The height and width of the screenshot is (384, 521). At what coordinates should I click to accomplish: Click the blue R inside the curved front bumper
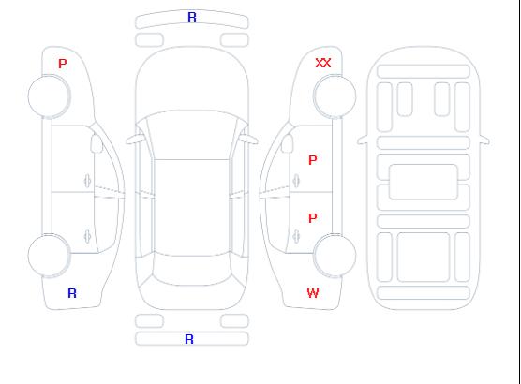[192, 17]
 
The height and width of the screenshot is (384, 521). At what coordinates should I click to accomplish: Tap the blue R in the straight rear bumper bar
[189, 339]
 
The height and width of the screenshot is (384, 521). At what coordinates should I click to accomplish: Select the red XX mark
[323, 63]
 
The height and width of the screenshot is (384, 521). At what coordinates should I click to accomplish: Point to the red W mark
[313, 293]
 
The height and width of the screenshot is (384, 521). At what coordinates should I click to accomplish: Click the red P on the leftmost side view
[63, 64]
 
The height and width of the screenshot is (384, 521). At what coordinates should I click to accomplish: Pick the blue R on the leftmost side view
[72, 293]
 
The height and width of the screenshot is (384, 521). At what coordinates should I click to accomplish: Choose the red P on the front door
[313, 160]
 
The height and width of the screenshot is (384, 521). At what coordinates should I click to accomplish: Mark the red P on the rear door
[313, 218]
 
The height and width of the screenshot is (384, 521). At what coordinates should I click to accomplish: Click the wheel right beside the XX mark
[335, 96]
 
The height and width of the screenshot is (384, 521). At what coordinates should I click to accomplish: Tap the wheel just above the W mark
[335, 255]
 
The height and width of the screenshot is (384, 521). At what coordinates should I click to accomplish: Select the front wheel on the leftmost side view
[49, 96]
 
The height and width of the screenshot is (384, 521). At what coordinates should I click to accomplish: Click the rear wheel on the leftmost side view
[49, 255]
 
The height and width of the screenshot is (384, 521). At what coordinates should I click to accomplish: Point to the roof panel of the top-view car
[192, 208]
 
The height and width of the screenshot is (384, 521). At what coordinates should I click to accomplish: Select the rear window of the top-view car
[192, 270]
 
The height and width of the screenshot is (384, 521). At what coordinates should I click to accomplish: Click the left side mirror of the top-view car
[135, 140]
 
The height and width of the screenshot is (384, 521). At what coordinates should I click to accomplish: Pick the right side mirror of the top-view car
[249, 140]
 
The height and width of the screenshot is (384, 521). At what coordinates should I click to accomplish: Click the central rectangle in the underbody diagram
[424, 182]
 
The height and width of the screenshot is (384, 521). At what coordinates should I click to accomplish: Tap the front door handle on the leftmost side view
[87, 181]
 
